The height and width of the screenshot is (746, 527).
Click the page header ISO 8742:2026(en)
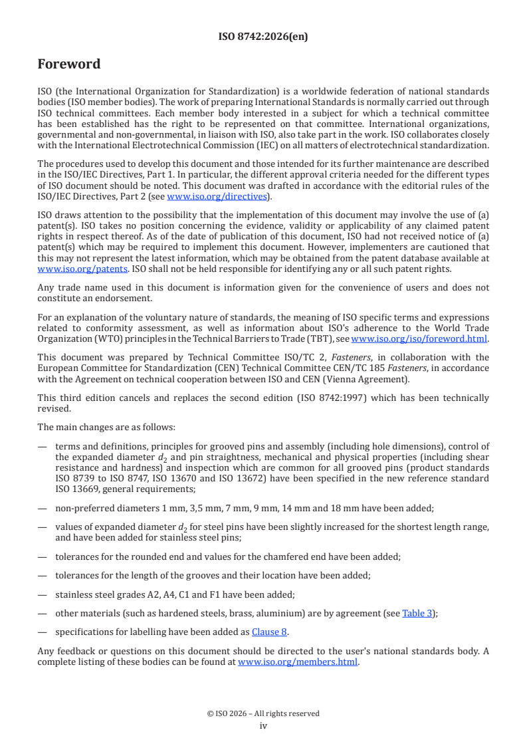click(263, 37)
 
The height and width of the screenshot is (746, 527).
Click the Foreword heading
click(68, 64)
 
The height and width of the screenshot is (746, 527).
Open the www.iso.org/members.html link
click(298, 662)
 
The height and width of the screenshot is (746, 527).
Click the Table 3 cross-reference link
click(417, 614)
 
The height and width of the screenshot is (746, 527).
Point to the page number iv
click(263, 726)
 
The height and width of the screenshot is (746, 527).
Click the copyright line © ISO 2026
click(263, 713)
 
